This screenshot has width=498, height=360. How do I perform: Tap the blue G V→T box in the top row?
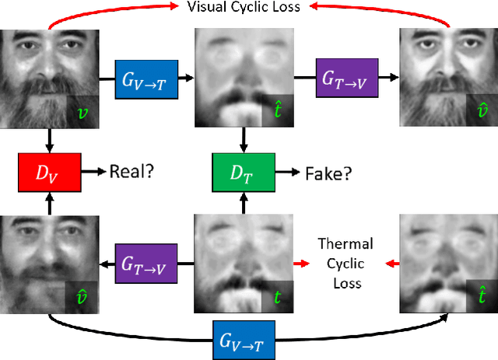(x=146, y=78)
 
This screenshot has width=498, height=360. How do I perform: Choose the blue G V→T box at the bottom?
(x=244, y=339)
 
